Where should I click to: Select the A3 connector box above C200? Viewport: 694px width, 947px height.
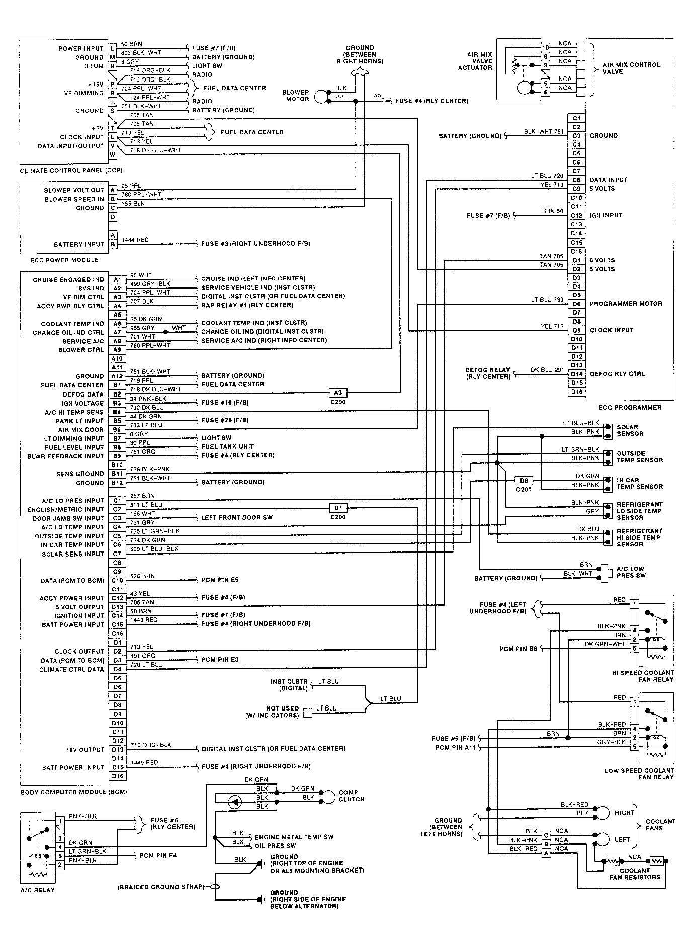pos(338,393)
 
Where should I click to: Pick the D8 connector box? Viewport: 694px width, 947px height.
pos(524,481)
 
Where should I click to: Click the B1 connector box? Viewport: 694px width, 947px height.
pos(338,508)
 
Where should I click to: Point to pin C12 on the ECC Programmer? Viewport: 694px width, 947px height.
pos(576,215)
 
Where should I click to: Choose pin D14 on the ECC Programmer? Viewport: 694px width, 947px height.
pos(576,374)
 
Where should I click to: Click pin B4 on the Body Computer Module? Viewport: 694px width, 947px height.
pos(117,412)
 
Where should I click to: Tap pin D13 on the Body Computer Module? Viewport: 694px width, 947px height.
pos(117,749)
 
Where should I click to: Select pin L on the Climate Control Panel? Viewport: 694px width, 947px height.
pos(113,48)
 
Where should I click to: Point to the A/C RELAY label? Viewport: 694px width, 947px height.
pos(38,890)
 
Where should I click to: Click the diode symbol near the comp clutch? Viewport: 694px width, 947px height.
pos(235,802)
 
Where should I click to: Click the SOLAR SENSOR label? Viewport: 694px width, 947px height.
pos(630,430)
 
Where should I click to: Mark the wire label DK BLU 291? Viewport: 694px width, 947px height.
pos(547,370)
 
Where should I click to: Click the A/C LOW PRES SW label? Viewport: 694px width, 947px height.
pos(630,572)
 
